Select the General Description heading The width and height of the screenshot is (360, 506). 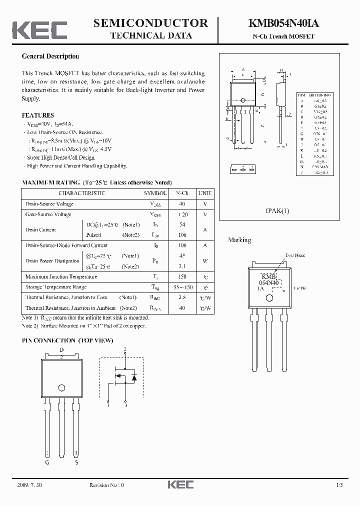point(50,56)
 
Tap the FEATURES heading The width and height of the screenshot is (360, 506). point(37,115)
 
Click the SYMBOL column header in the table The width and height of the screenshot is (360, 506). point(155,193)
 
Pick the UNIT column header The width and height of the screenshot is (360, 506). point(204,193)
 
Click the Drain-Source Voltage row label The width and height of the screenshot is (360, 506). point(49,204)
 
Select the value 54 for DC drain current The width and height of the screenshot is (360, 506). point(182,225)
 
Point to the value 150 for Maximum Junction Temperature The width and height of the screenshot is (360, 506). point(182,276)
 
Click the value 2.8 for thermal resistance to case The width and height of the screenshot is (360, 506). point(182,297)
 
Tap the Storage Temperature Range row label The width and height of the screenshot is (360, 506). point(56,287)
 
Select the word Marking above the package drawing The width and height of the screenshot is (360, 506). point(239,240)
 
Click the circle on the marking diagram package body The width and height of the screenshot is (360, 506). point(269,298)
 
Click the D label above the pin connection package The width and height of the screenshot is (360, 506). point(61,350)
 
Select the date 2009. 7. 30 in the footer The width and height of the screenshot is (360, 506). point(30,485)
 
